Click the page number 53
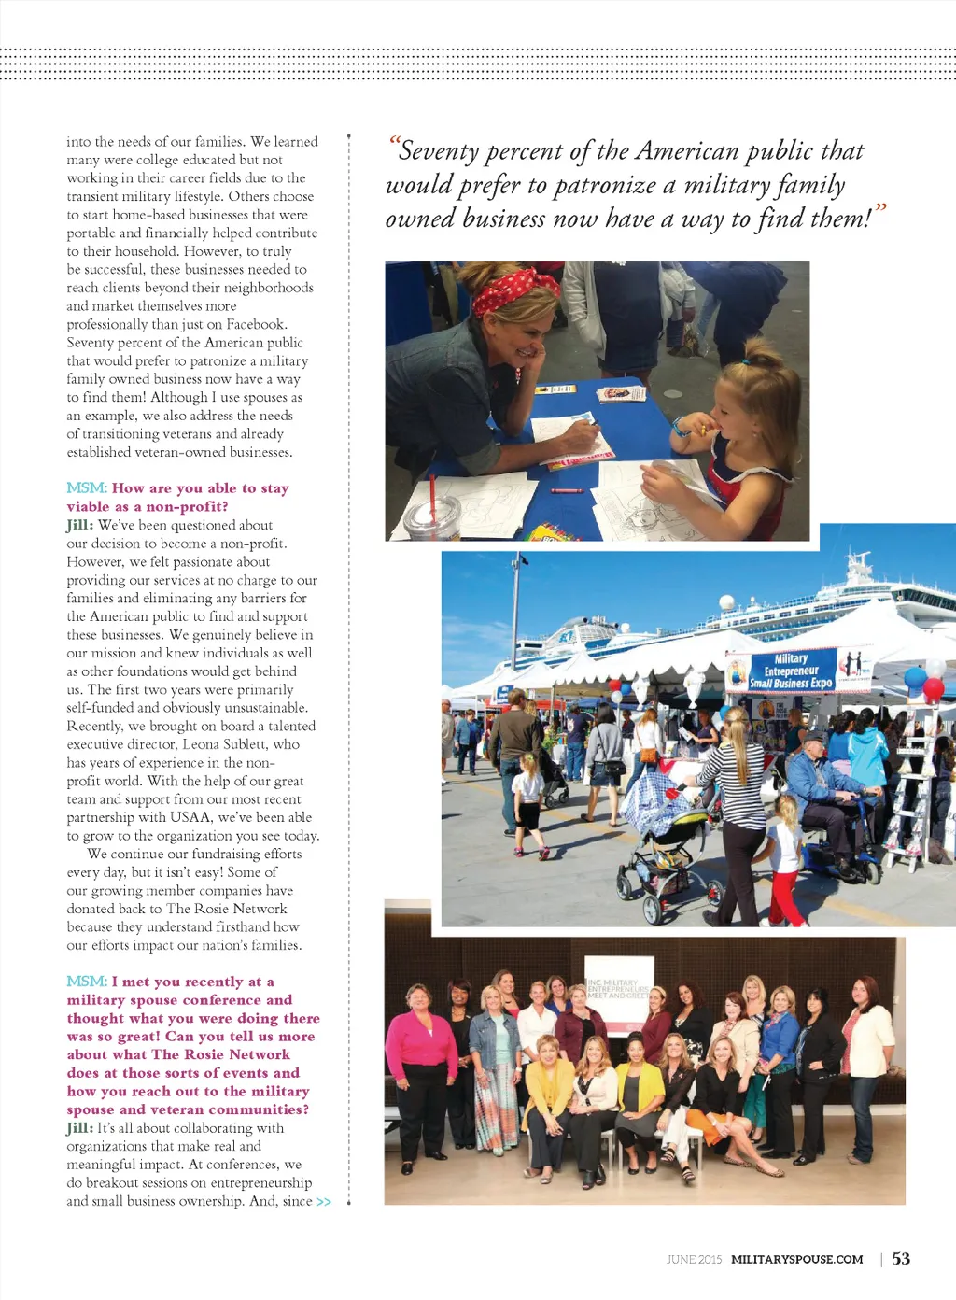pyautogui.click(x=901, y=1259)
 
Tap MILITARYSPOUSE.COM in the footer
pyautogui.click(x=796, y=1260)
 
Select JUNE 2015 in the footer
pyautogui.click(x=694, y=1260)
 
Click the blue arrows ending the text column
pyautogui.click(x=324, y=1202)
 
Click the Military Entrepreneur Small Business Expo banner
pyautogui.click(x=792, y=671)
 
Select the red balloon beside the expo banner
pyautogui.click(x=934, y=689)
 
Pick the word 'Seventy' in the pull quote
pyautogui.click(x=439, y=151)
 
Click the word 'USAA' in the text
pyautogui.click(x=190, y=817)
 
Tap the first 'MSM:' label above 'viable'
pyautogui.click(x=87, y=488)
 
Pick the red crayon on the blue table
pyautogui.click(x=562, y=489)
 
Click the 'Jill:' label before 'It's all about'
pyautogui.click(x=80, y=1128)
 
